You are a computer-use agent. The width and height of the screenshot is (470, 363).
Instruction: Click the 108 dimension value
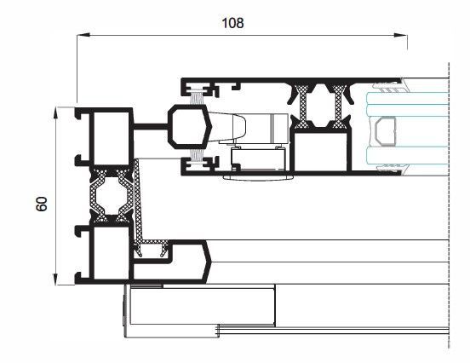[x=232, y=23]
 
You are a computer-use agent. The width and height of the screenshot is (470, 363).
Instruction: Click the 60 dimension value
[x=42, y=204]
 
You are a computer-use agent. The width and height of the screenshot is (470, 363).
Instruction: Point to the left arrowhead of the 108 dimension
[x=83, y=35]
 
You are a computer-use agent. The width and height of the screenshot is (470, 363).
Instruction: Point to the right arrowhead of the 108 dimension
[x=401, y=35]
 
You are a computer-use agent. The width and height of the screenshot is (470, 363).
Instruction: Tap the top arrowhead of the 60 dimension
[x=54, y=113]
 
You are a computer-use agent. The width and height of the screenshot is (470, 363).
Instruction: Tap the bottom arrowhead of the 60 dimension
[x=54, y=279]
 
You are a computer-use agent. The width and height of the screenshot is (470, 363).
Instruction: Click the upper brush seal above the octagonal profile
[x=197, y=97]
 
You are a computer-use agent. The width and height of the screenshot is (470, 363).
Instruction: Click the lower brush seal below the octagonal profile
[x=197, y=155]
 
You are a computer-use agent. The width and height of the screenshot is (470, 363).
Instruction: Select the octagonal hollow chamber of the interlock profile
[x=189, y=127]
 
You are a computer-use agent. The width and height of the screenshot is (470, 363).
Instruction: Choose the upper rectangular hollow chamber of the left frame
[x=112, y=138]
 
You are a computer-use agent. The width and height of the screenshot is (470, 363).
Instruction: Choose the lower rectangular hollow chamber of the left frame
[x=112, y=252]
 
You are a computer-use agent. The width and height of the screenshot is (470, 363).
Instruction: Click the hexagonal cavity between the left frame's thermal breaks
[x=112, y=196]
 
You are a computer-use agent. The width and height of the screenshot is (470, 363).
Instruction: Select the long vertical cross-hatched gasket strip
[x=138, y=200]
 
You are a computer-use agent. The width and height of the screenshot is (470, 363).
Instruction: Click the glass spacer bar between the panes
[x=385, y=131]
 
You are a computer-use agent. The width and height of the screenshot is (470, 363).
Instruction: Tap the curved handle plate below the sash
[x=258, y=178]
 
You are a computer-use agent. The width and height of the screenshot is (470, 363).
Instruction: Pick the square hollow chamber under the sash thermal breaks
[x=321, y=152]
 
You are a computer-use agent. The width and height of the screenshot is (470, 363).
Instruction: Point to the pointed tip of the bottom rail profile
[x=211, y=262]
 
